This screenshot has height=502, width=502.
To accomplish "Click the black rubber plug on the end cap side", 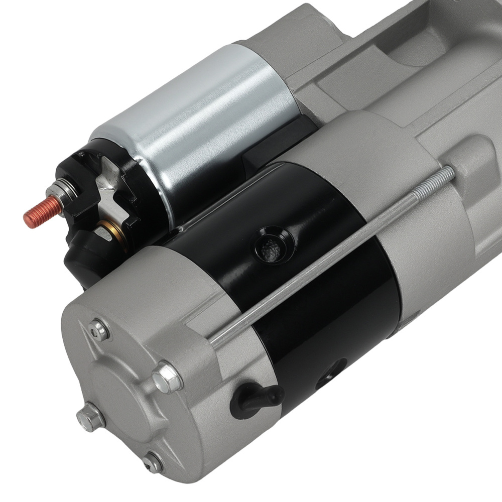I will click(253, 397).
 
